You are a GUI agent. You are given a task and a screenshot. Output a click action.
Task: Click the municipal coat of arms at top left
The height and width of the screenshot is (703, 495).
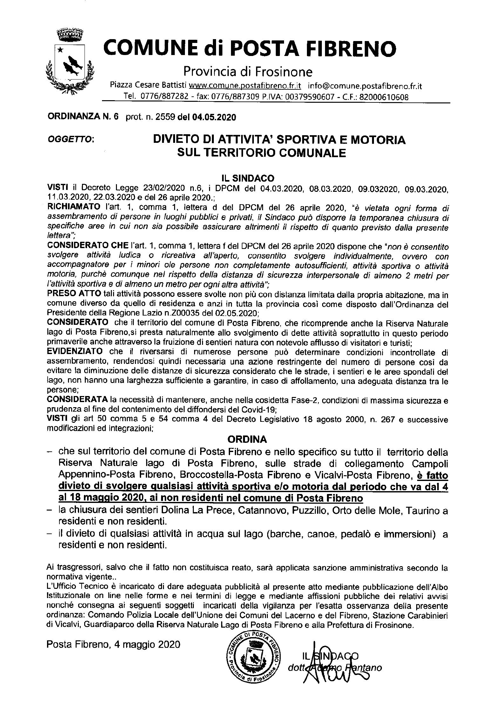(70, 62)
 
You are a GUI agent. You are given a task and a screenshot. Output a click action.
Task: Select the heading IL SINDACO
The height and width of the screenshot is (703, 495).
(247, 178)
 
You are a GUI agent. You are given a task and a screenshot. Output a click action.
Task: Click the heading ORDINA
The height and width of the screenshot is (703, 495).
(247, 439)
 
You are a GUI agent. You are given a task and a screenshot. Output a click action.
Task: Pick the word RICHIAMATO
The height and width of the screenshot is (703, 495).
(73, 207)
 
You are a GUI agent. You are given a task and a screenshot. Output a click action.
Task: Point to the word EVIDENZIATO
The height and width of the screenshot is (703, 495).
(75, 352)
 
